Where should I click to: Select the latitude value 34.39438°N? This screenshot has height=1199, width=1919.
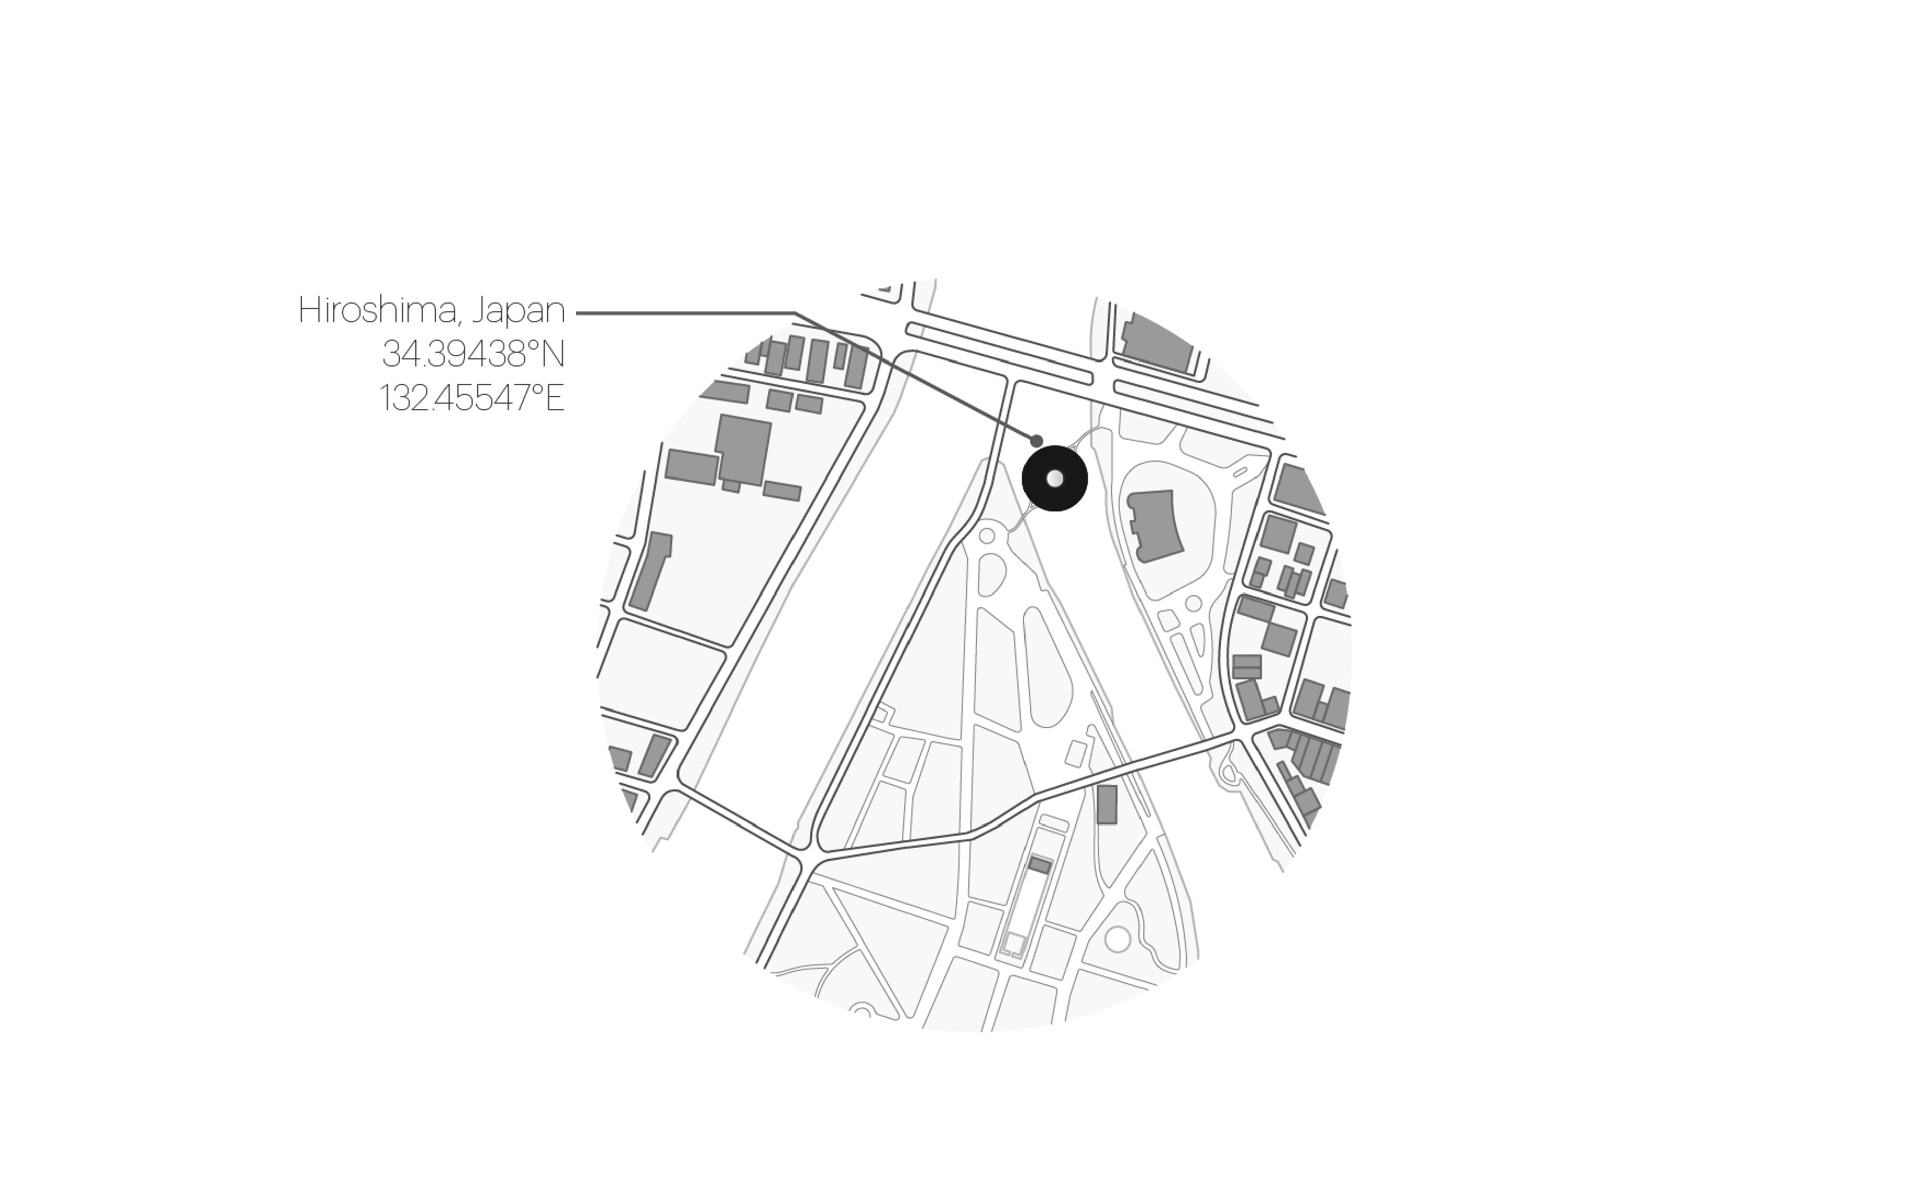473,354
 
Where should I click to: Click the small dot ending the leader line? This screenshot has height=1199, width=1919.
1037,441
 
